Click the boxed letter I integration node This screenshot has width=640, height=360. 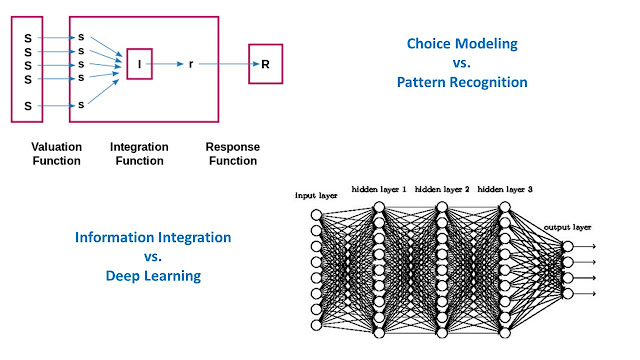pos(140,63)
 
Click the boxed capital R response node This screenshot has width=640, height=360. pos(265,63)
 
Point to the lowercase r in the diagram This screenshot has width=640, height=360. pos(191,63)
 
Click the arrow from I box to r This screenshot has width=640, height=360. pos(168,63)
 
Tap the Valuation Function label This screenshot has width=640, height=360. pos(56,153)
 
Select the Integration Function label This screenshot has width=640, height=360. pos(140,153)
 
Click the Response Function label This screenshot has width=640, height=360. pos(232,153)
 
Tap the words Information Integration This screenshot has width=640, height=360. pos(153,238)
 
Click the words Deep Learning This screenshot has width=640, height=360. pos(153,276)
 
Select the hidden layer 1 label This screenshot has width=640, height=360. pos(379,188)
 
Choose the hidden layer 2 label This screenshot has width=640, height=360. pos(440,188)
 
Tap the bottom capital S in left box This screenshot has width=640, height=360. pos(28,104)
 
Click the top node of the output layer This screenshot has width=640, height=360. pos(568,246)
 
